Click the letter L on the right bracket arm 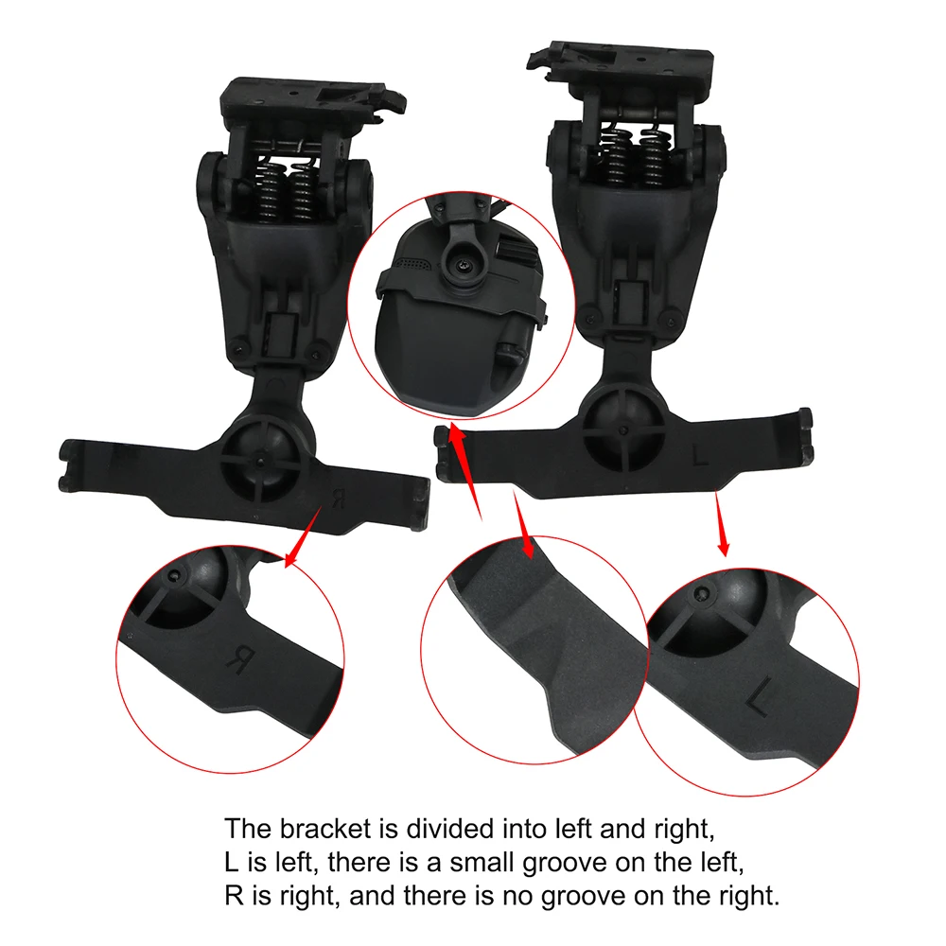[x=701, y=458]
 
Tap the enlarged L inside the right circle [x=758, y=701]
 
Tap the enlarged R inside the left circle [x=238, y=657]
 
